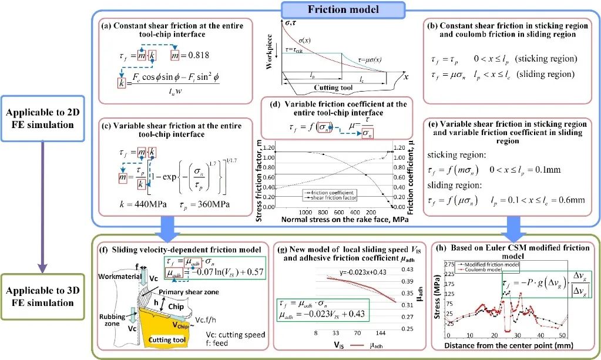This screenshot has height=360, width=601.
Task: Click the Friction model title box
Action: pyautogui.click(x=344, y=9)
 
